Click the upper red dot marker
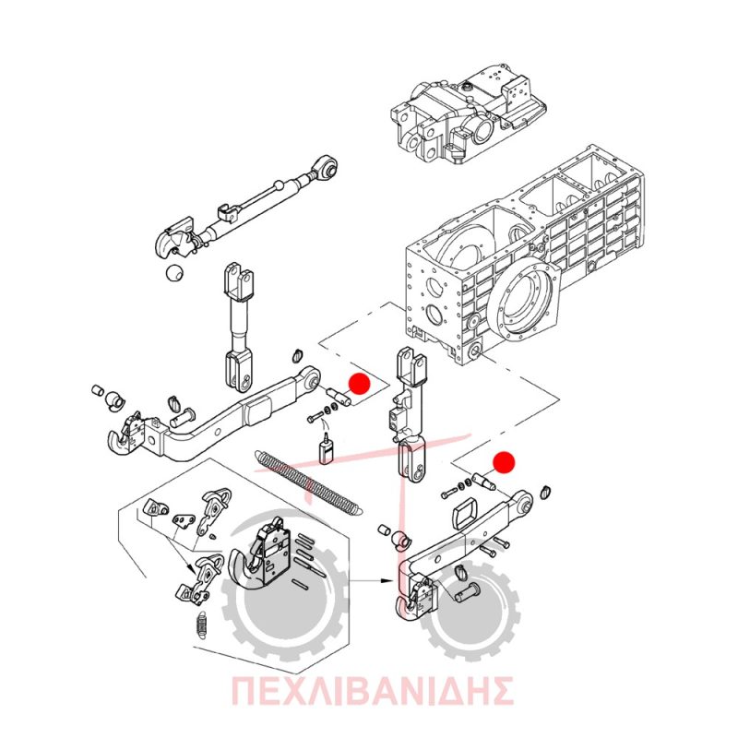[359, 384]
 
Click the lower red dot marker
[504, 462]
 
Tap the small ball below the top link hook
[174, 273]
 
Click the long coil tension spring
[307, 483]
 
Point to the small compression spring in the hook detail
[202, 625]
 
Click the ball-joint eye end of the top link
[327, 167]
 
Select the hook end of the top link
[173, 239]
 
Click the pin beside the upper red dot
[338, 395]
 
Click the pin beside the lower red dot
[482, 481]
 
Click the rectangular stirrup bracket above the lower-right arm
[465, 516]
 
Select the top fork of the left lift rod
[239, 280]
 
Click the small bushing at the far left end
[97, 390]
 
